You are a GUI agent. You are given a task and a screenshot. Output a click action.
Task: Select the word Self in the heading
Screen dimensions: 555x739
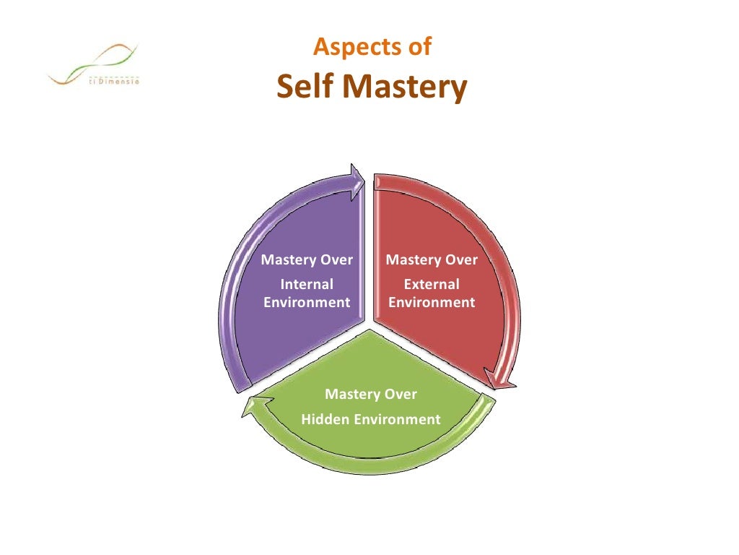[x=306, y=87]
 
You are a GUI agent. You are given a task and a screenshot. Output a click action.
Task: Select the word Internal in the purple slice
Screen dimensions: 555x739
[x=307, y=285]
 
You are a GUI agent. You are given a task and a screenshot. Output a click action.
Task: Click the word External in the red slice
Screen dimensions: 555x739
[x=432, y=285]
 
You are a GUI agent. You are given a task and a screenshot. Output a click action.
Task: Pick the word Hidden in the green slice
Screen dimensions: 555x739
[x=325, y=419]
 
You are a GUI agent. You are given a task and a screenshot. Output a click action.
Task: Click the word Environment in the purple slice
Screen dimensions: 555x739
[x=307, y=302]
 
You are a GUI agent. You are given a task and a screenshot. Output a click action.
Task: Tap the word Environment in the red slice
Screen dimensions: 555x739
[x=432, y=302]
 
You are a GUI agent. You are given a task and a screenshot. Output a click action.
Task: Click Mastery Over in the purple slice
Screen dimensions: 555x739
[x=307, y=260]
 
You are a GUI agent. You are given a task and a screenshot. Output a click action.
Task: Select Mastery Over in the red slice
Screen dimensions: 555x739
[x=432, y=260]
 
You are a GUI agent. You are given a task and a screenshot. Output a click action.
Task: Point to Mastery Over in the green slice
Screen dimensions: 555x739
[x=371, y=395]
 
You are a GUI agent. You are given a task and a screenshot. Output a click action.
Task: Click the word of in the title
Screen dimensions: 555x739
[x=418, y=48]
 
